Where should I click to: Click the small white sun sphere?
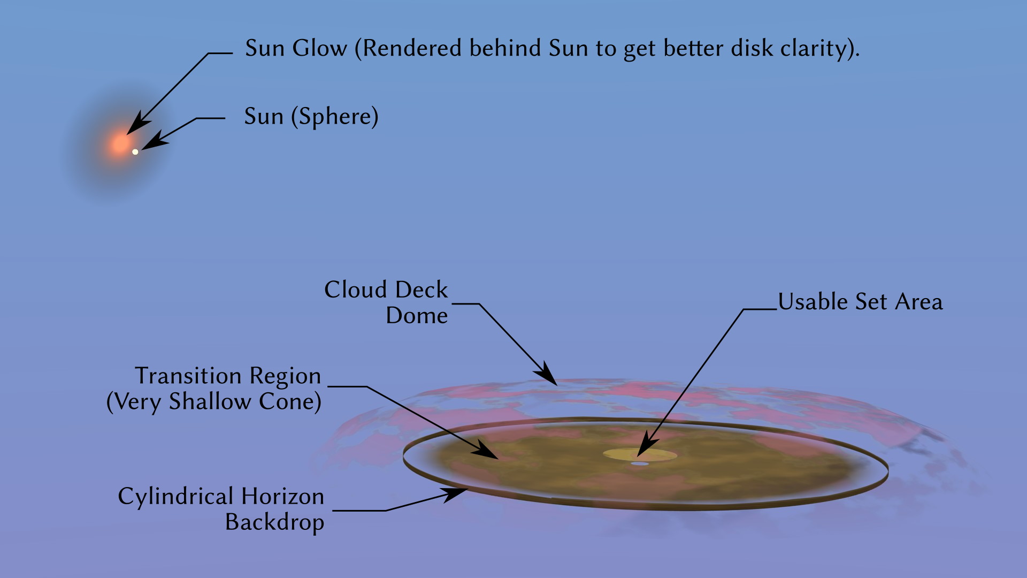click(x=135, y=152)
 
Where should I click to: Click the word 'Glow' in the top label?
click(x=319, y=48)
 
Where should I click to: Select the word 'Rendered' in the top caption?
click(x=412, y=48)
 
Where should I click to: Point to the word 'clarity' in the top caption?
click(x=813, y=49)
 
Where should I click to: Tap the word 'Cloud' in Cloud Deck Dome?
click(x=356, y=290)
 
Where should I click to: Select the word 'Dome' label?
click(x=417, y=316)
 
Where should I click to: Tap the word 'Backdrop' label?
click(x=274, y=522)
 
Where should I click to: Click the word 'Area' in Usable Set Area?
click(x=918, y=302)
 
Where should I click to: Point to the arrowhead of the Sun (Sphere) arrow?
click(x=152, y=142)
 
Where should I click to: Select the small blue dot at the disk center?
click(x=640, y=463)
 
